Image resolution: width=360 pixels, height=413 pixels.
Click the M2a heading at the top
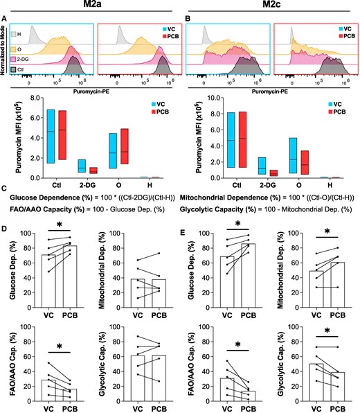(92, 4)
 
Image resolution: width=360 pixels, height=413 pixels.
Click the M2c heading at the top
(271, 4)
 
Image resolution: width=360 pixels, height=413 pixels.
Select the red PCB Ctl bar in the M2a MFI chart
(62, 135)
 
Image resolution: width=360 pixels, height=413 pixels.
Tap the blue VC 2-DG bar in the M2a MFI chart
(82, 166)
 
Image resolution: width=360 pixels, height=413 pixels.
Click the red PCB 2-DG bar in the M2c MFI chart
(273, 173)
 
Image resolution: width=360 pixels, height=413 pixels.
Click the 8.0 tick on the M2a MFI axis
(35, 98)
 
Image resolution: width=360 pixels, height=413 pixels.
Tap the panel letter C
(4, 188)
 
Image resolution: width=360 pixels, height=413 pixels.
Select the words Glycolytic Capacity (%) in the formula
(218, 209)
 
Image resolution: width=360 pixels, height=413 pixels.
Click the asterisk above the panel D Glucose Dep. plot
(60, 225)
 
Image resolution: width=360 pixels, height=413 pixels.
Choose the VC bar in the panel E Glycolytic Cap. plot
(316, 383)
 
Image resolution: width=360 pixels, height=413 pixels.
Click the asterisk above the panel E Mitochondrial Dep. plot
(327, 231)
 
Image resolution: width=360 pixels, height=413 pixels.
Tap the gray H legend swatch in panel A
(13, 34)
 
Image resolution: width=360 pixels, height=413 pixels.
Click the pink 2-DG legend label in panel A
(23, 60)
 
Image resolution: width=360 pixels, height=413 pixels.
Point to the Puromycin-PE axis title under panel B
(270, 91)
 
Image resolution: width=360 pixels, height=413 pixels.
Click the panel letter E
(182, 233)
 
